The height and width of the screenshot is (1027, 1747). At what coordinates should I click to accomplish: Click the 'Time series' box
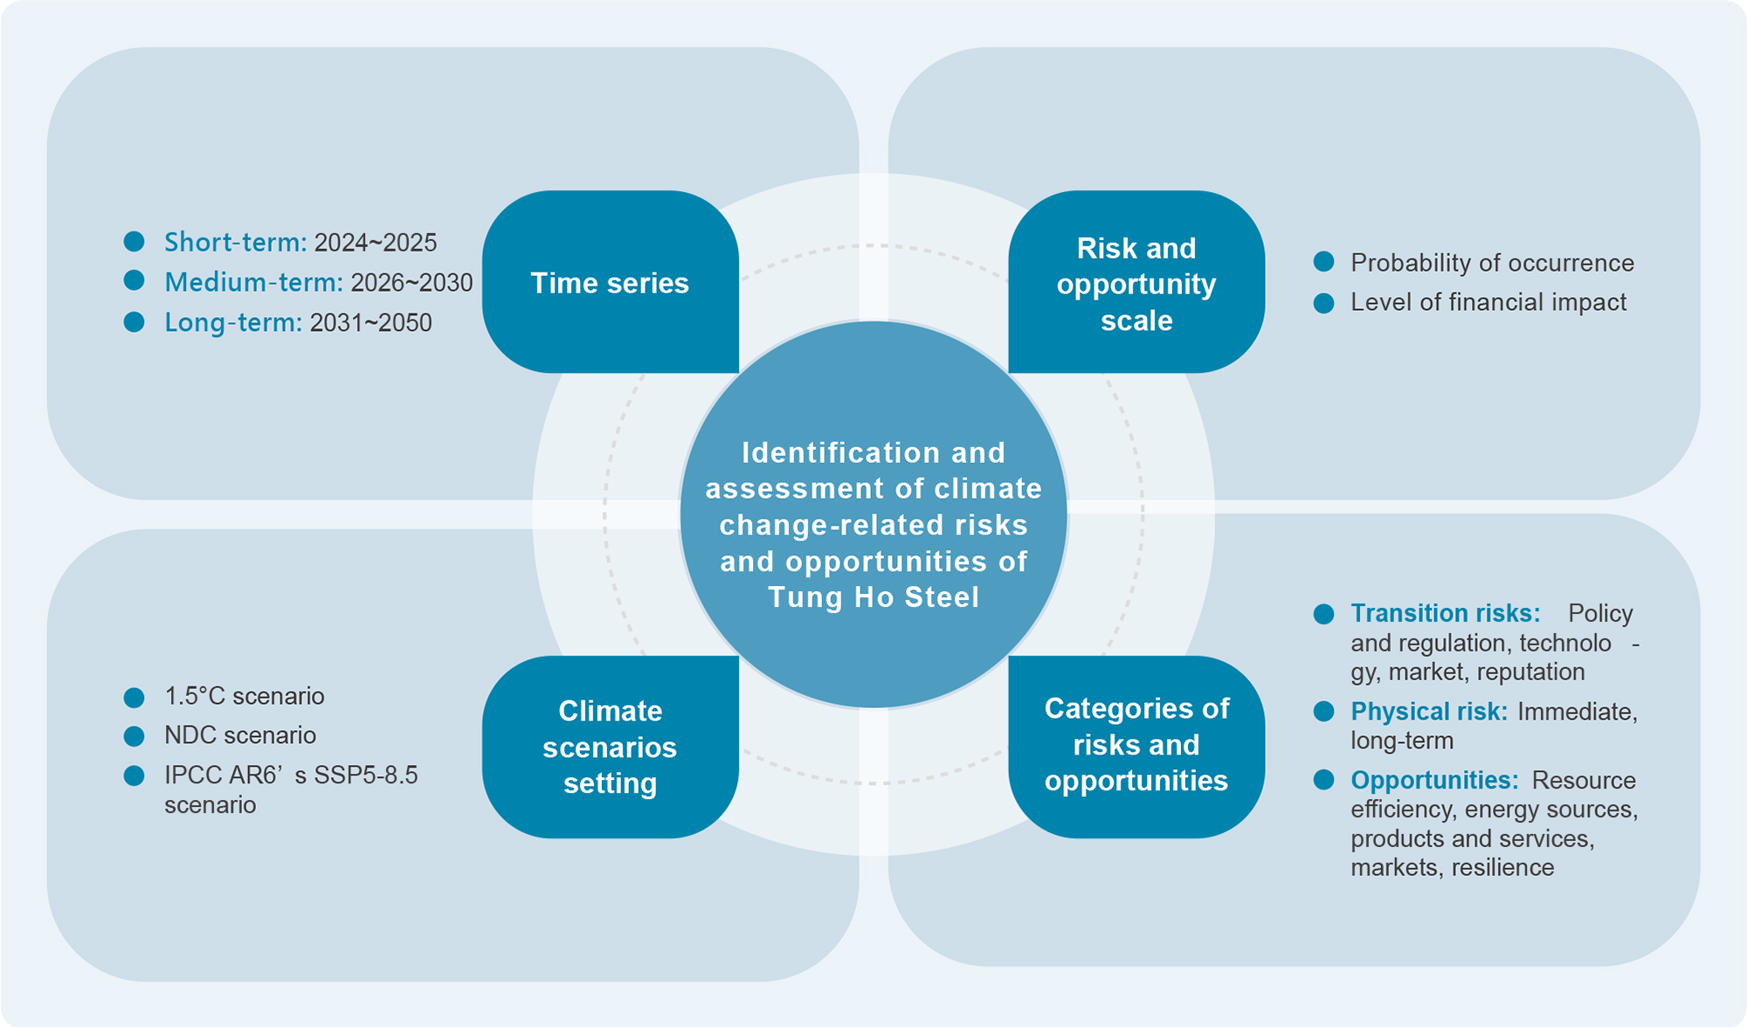610,283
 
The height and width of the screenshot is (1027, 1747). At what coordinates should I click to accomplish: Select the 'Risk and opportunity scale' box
1136,283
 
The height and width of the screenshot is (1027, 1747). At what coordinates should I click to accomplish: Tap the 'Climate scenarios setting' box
610,747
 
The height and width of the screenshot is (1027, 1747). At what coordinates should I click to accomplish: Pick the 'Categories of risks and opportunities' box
1136,744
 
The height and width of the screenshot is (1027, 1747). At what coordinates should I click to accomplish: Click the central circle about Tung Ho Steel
873,524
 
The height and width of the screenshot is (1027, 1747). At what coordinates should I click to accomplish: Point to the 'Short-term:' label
235,242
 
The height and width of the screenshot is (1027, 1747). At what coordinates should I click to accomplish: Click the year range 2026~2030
411,282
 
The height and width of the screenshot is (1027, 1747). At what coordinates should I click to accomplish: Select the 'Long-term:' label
233,322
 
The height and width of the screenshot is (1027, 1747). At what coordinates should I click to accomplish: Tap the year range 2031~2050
370,322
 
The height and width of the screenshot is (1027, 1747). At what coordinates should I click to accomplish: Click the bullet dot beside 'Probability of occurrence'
1323,262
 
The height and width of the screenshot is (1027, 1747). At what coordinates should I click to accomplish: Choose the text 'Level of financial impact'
1488,302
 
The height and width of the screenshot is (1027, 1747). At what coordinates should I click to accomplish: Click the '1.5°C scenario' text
245,696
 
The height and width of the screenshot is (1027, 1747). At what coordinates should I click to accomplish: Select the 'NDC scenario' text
240,735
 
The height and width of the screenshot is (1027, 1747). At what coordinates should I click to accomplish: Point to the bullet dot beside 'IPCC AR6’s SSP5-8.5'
134,775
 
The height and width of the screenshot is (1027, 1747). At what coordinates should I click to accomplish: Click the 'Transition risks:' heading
1445,613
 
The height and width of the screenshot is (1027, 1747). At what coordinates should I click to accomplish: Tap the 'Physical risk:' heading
1428,712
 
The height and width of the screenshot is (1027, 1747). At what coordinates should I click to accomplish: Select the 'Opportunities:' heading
1434,780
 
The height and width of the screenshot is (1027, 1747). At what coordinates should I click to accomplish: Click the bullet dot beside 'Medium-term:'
134,280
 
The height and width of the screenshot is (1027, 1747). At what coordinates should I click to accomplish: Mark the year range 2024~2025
375,242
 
